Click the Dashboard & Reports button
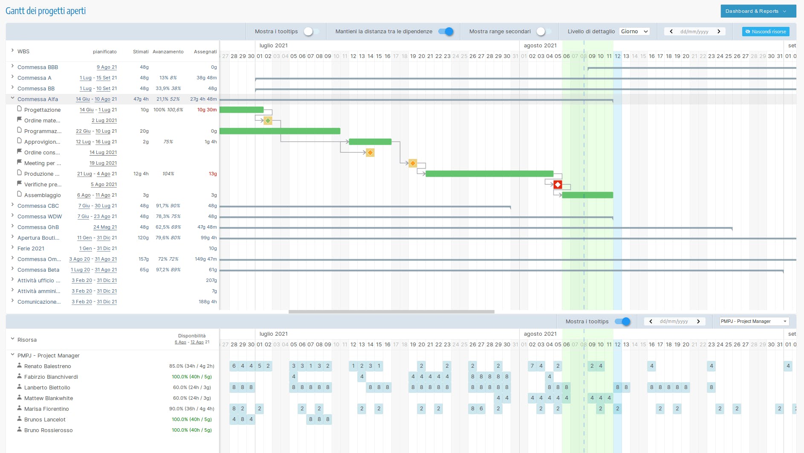(758, 11)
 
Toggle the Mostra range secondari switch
(543, 32)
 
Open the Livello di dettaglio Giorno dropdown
(634, 32)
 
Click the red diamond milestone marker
(558, 185)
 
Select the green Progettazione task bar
(241, 110)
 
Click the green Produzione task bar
(489, 174)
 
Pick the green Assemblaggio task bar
(587, 195)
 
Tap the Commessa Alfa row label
(38, 99)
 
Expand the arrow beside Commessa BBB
(12, 66)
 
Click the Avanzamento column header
(168, 52)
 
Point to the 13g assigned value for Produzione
(212, 174)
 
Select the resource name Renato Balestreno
(47, 366)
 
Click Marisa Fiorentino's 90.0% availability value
(191, 409)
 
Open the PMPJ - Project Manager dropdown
(753, 322)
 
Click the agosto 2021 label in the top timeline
(540, 46)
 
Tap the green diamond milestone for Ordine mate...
(268, 121)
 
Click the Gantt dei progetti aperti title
(46, 11)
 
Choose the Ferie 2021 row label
(31, 249)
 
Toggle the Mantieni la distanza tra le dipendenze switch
(446, 32)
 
